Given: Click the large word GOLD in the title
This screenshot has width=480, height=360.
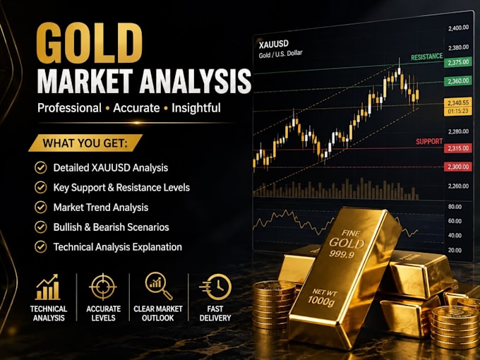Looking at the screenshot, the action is (x=89, y=43).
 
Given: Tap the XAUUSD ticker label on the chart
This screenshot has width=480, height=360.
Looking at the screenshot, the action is (x=273, y=44).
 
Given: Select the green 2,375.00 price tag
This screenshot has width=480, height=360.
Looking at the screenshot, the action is (x=458, y=62).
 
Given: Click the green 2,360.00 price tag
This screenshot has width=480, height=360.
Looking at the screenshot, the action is (x=458, y=81).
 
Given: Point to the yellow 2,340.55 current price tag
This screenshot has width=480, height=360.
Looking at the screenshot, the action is (x=458, y=102).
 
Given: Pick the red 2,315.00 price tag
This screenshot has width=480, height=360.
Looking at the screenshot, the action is (x=458, y=148).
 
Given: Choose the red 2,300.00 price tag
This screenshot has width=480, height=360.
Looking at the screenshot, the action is (x=458, y=167).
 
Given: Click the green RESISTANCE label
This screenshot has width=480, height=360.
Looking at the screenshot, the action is (x=427, y=57).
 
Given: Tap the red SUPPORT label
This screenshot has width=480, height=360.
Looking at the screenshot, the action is (x=429, y=141).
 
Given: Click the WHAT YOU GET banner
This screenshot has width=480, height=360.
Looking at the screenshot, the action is (x=85, y=143).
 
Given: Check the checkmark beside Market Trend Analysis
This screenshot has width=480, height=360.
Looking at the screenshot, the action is (x=40, y=208).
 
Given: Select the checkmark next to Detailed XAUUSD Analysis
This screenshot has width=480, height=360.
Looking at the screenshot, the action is (x=40, y=168).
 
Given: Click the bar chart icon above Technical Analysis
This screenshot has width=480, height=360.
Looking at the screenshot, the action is (x=47, y=287).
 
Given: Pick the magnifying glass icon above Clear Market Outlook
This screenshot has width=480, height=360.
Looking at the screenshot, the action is (x=159, y=286).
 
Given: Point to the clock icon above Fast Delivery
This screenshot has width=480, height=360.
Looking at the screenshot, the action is (x=215, y=287).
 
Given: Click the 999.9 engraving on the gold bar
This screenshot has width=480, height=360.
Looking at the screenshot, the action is (x=342, y=254).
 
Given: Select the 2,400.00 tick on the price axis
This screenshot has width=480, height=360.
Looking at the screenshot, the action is (x=458, y=28).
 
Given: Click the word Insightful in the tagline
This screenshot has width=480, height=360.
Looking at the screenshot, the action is (x=196, y=108).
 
